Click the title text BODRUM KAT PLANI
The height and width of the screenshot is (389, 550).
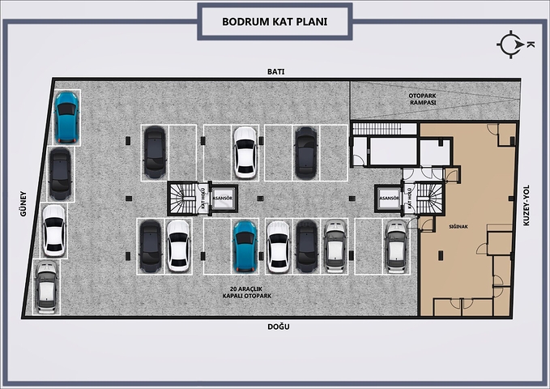coord(275,21)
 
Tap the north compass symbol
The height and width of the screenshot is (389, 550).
coord(511,45)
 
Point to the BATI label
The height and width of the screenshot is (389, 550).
coord(275,71)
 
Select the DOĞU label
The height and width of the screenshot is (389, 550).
coord(278,327)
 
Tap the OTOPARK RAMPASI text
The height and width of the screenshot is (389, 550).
coord(422,100)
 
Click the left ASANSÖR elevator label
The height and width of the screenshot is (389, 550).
coord(223,197)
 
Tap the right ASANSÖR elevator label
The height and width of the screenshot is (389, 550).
coord(389,197)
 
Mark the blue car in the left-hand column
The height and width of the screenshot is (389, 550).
coord(66,117)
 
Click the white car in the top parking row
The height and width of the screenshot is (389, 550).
coord(245,152)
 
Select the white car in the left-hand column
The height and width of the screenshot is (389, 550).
coord(53,230)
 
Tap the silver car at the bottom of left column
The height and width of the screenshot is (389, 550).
coord(46,288)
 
